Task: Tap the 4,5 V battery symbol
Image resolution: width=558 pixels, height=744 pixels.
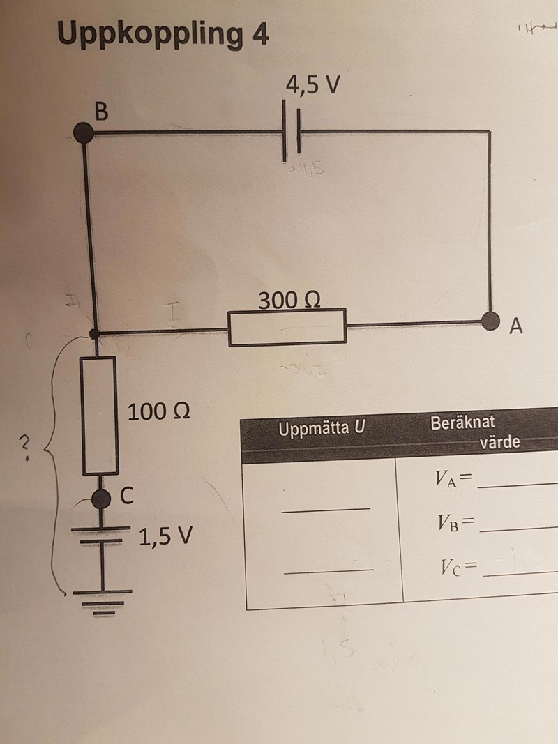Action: pyautogui.click(x=292, y=129)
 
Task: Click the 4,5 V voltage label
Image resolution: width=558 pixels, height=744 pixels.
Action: pyautogui.click(x=312, y=84)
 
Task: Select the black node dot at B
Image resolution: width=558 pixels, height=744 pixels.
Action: pyautogui.click(x=84, y=132)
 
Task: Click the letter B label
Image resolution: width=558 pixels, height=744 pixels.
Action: pyautogui.click(x=102, y=111)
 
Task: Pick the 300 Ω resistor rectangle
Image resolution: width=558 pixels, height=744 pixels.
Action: pyautogui.click(x=287, y=328)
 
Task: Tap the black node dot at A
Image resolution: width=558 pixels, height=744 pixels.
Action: pyautogui.click(x=492, y=321)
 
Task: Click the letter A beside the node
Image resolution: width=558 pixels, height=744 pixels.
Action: pyautogui.click(x=515, y=326)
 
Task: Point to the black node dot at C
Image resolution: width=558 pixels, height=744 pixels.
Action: pyautogui.click(x=102, y=498)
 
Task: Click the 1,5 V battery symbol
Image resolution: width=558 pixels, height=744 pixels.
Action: pyautogui.click(x=102, y=533)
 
